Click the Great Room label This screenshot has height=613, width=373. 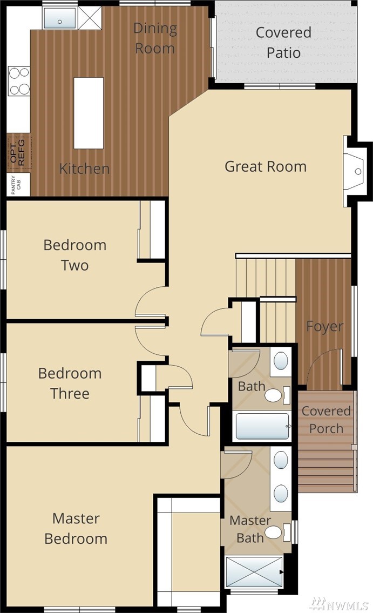(265, 166)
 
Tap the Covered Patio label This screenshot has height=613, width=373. (283, 43)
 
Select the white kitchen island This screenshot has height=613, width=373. (89, 113)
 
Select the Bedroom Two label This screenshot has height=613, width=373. (74, 255)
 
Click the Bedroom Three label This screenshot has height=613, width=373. (70, 383)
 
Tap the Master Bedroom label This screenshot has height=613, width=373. (76, 528)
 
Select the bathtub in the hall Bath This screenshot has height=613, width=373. (262, 426)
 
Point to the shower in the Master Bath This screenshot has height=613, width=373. (254, 572)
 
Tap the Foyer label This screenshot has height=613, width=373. (325, 326)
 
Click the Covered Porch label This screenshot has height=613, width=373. (326, 420)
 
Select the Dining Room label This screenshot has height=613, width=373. (155, 38)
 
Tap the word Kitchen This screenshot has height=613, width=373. (84, 169)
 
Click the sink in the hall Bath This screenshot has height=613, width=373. (281, 361)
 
